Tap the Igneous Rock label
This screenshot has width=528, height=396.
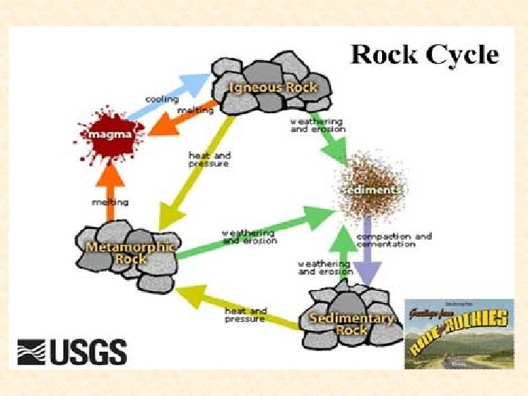coord(272,88)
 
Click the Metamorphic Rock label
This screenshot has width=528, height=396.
coord(130,253)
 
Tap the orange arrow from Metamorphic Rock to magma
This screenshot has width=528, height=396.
coord(109,192)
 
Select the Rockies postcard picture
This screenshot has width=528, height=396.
coord(459,333)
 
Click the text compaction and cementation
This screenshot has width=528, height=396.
coord(394,241)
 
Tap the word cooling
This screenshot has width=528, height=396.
coord(160,98)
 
